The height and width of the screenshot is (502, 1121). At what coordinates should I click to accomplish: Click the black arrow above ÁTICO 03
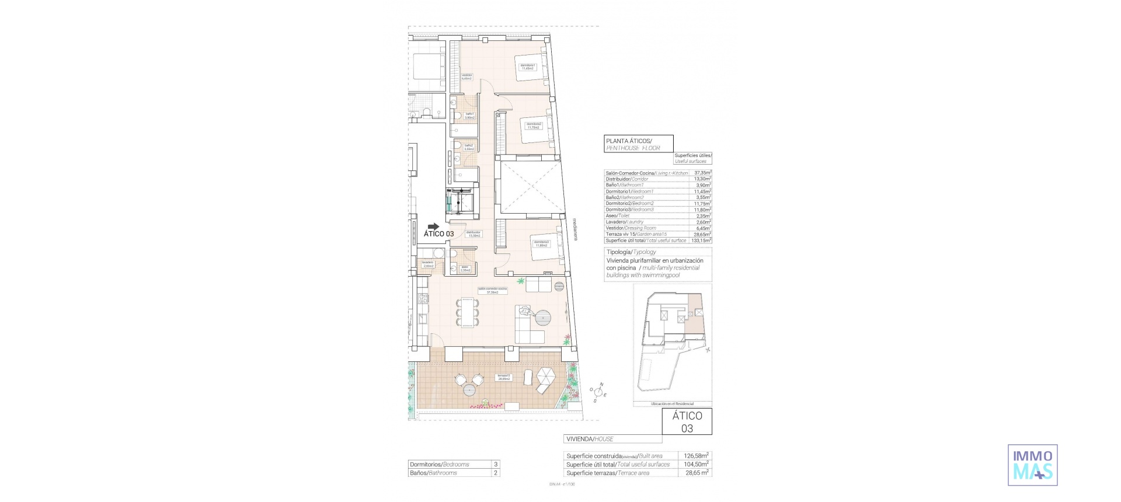tap(433, 226)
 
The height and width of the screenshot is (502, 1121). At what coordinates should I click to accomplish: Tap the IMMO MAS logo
tap(1033, 465)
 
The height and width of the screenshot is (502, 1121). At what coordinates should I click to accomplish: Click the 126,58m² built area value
tap(696, 456)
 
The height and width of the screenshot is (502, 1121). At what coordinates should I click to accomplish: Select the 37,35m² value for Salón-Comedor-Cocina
tap(702, 173)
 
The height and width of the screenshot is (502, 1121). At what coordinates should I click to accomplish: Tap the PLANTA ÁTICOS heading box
tap(639, 144)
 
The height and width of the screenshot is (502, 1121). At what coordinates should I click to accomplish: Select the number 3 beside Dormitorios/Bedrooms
tap(496, 465)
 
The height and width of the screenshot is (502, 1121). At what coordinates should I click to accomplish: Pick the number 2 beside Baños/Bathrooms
tap(496, 473)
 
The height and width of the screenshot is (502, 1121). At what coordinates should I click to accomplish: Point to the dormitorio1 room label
tap(528, 66)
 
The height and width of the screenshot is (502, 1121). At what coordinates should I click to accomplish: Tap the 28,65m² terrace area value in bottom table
tap(696, 473)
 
